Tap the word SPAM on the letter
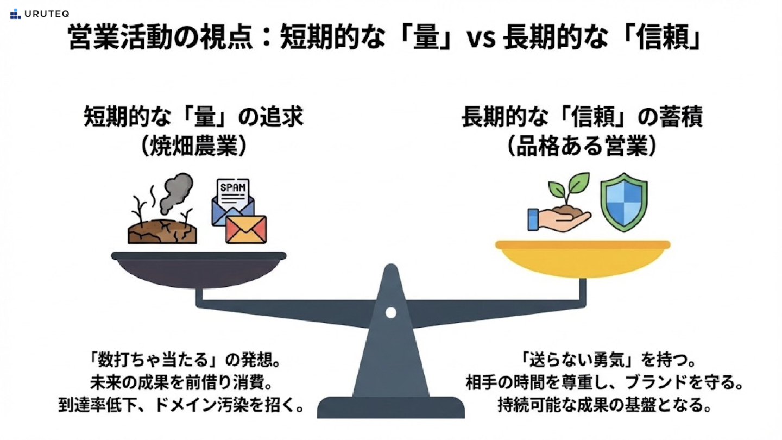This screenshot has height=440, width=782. click(232, 188)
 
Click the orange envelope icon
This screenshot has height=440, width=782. click(246, 229)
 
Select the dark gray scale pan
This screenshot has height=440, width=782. click(199, 266)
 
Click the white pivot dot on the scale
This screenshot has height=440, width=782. click(390, 312)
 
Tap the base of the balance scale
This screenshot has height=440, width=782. click(390, 407)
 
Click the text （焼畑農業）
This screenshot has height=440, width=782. click(193, 147)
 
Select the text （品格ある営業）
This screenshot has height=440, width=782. click(582, 147)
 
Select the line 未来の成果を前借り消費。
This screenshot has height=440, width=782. click(180, 382)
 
